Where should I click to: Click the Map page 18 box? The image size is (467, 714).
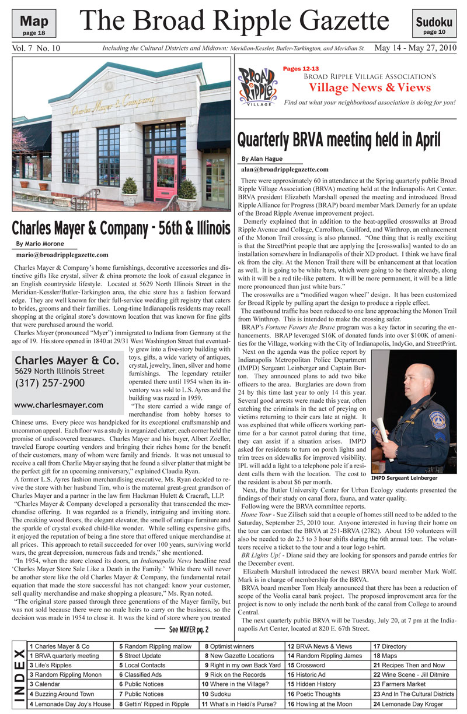(34, 26)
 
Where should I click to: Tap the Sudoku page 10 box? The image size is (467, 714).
(434, 26)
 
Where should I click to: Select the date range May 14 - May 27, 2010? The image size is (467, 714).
(414, 48)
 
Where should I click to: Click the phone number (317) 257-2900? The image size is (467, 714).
(50, 383)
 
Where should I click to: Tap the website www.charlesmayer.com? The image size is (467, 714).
(58, 405)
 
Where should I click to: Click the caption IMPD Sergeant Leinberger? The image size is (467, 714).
(404, 478)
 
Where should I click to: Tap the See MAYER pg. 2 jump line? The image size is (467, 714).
(188, 629)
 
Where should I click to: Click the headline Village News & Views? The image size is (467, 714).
(370, 88)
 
